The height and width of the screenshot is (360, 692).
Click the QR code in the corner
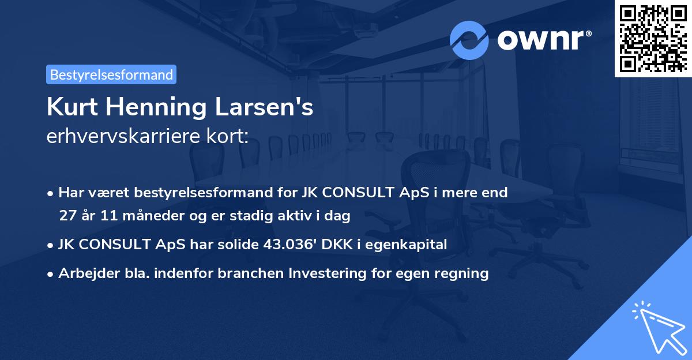[x=653, y=39]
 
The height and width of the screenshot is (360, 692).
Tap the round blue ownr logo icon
[x=469, y=40]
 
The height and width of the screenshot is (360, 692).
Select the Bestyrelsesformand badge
[x=111, y=74]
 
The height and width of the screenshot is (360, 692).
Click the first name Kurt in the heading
[x=73, y=107]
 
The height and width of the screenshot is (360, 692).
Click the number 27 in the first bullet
[x=67, y=216]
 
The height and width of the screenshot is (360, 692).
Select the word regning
[x=462, y=273]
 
